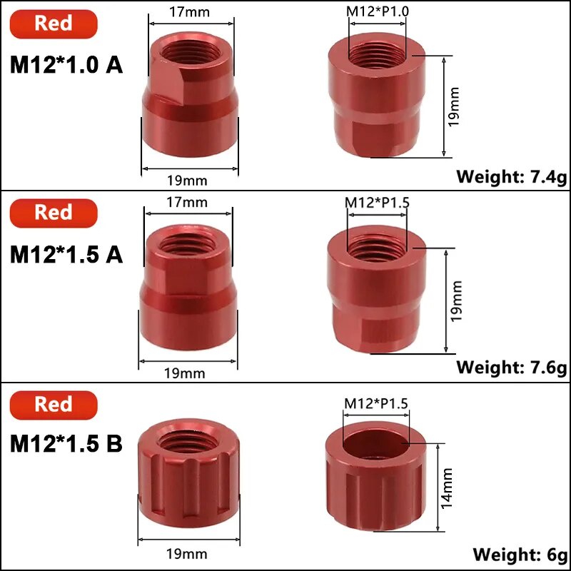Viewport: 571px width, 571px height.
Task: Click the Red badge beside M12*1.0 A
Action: coord(54,24)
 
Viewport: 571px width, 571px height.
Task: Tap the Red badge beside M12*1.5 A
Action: coord(54,213)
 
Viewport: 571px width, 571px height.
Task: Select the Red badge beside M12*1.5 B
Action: coord(54,405)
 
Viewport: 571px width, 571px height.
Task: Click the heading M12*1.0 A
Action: coord(66,65)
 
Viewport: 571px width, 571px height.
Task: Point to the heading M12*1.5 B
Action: coord(66,443)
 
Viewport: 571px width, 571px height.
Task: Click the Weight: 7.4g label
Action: coord(512,177)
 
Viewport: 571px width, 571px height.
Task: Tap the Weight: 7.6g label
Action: coord(512,367)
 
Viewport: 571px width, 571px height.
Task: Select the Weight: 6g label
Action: coord(520,555)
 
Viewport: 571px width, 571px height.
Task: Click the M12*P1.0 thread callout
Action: coord(378,11)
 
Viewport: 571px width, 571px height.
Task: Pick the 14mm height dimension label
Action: coord(447,488)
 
